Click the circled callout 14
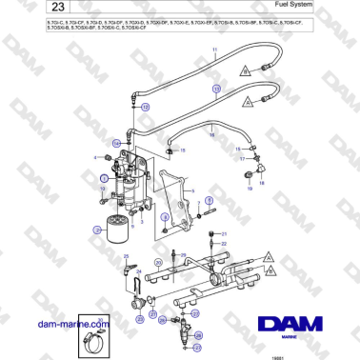tap(117, 143)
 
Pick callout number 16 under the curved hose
tap(211, 136)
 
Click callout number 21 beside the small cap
tap(225, 233)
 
